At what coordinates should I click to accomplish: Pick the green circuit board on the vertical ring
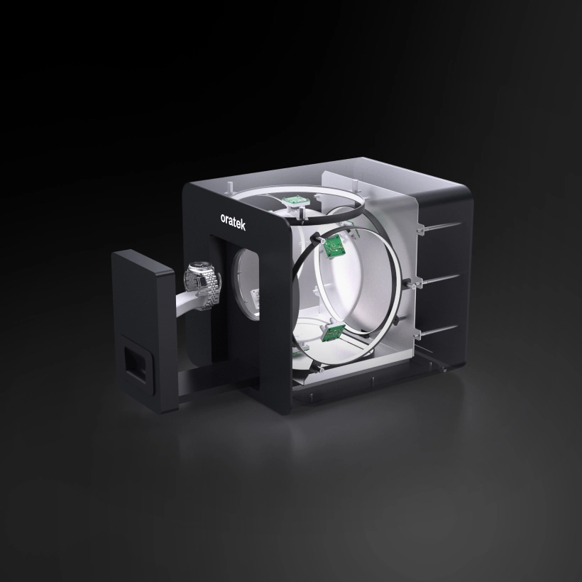[x=333, y=246]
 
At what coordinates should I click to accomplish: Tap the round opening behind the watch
[x=245, y=280]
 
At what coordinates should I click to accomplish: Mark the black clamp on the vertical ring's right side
[x=407, y=285]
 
